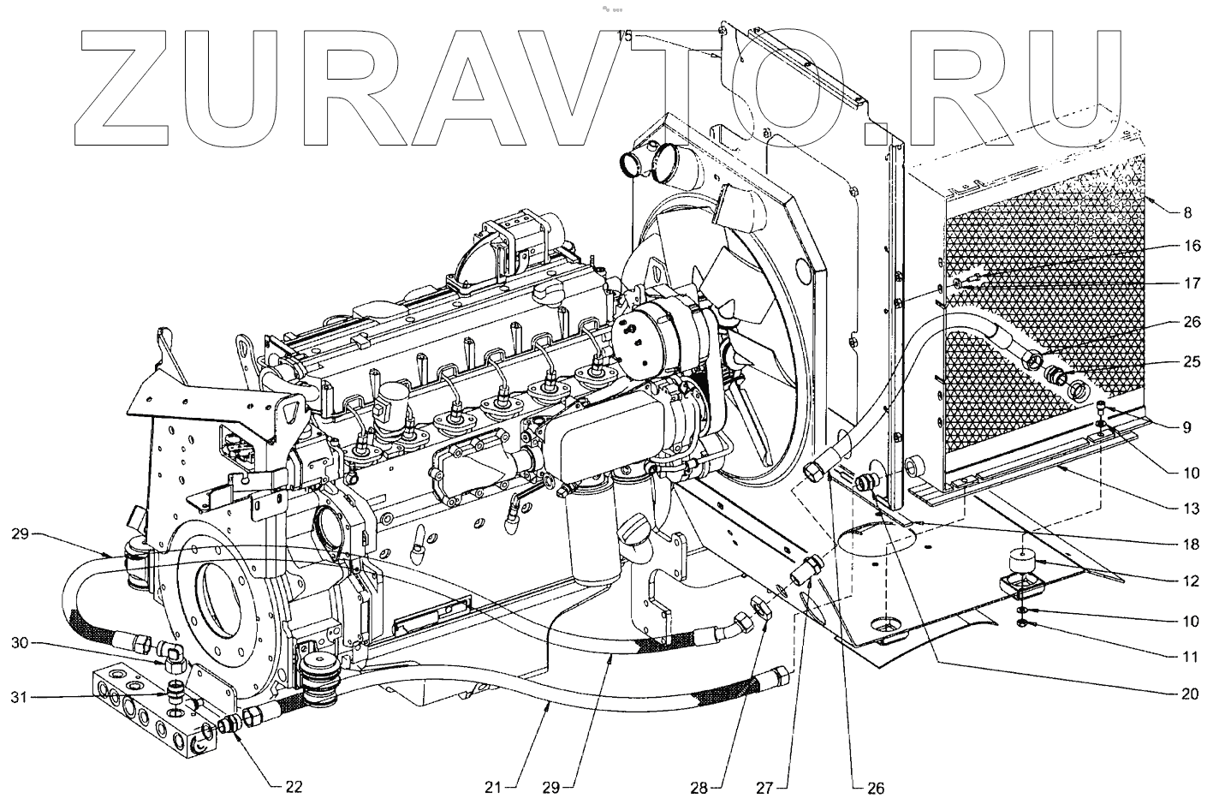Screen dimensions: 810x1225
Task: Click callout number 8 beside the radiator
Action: [x=1186, y=212]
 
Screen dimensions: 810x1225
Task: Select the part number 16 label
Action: [x=1191, y=247]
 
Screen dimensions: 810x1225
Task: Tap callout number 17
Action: [x=1191, y=283]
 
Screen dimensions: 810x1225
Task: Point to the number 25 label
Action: [x=1191, y=362]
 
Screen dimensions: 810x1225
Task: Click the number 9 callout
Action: [x=1186, y=426]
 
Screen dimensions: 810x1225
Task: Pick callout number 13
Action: [x=1191, y=509]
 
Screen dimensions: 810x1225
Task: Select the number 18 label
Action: [x=1191, y=545]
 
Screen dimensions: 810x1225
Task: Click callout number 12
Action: [x=1191, y=581]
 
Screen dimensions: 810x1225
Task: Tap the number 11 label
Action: [x=1191, y=658]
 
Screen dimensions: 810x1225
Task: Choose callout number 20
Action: [x=1191, y=694]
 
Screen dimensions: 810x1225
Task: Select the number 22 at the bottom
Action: [x=293, y=787]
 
